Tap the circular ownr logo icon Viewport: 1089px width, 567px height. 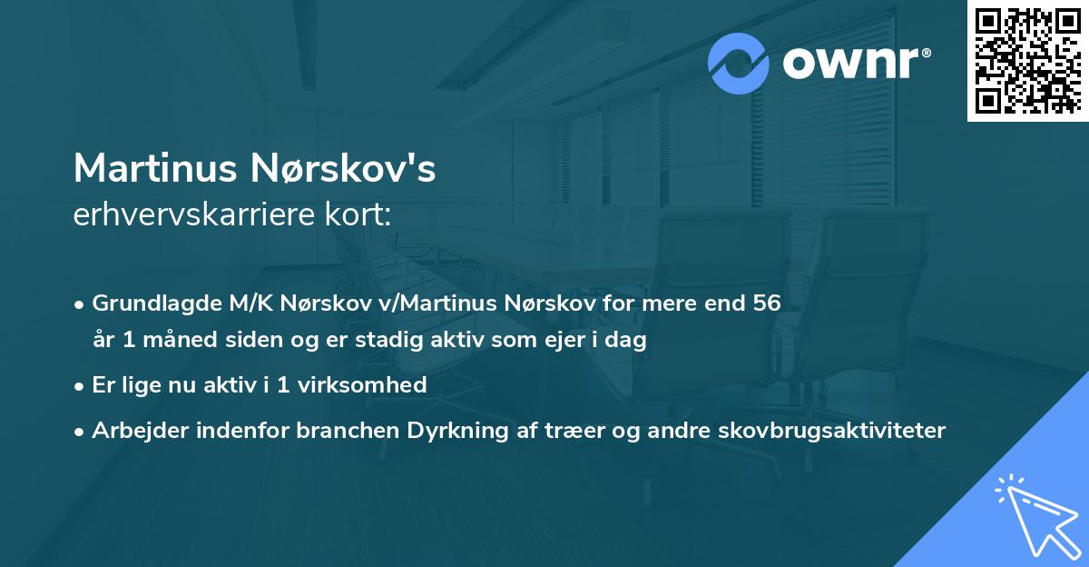tap(740, 64)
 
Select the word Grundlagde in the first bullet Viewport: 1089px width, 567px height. tap(151, 303)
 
